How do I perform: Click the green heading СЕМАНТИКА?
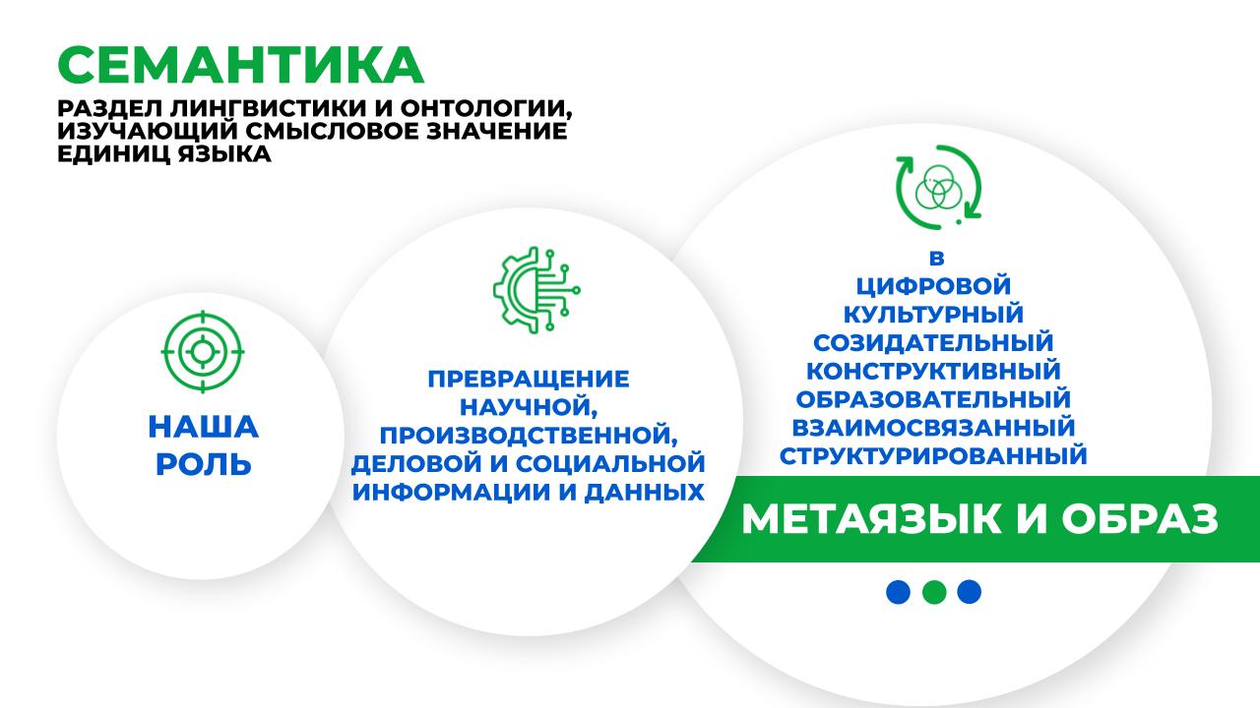coord(240,65)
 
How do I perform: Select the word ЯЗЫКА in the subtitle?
coord(225,153)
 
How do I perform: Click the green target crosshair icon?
coord(203,352)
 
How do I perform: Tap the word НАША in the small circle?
coord(203,427)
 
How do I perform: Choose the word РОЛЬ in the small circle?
coord(203,465)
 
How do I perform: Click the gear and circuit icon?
coord(536,290)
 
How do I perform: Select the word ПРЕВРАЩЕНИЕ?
coord(529,379)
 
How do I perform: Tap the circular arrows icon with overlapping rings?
coord(938,187)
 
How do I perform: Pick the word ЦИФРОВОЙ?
coord(933,286)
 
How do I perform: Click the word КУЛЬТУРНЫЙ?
coord(933,314)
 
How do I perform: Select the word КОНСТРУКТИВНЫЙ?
coord(933,371)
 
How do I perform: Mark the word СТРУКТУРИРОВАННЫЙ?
coord(933,455)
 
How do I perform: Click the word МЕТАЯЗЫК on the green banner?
coord(871,518)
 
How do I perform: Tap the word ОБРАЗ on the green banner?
coord(1140,518)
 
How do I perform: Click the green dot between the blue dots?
coord(934,592)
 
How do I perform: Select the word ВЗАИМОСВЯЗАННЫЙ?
coord(933,428)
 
